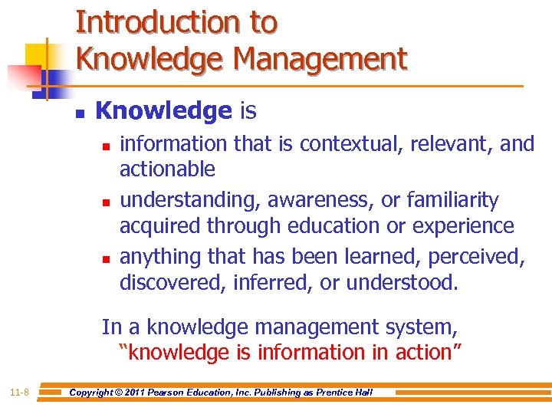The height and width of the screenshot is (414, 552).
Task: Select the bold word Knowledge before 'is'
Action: pyautogui.click(x=163, y=111)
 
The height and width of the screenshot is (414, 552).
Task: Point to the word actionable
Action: pyautogui.click(x=167, y=169)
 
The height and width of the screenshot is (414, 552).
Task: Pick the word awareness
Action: pyautogui.click(x=327, y=200)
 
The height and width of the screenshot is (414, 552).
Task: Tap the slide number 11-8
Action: pyautogui.click(x=19, y=393)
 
